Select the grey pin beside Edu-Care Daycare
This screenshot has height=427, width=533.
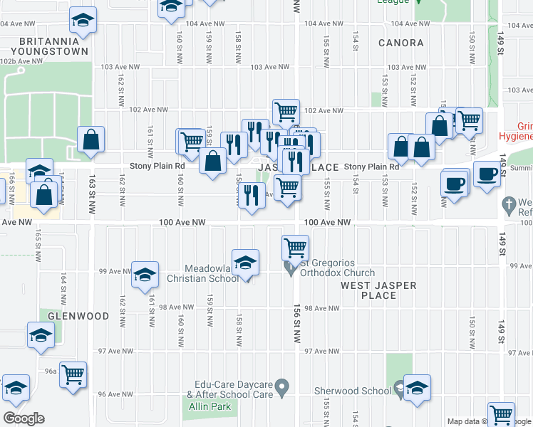[x=282, y=389]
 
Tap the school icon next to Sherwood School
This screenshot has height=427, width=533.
[x=417, y=388]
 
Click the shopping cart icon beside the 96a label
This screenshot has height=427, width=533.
[x=73, y=374]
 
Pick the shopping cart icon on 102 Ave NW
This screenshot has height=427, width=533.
[x=286, y=111]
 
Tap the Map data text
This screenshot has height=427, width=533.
[x=464, y=422]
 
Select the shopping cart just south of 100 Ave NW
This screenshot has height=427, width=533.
[x=295, y=248]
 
